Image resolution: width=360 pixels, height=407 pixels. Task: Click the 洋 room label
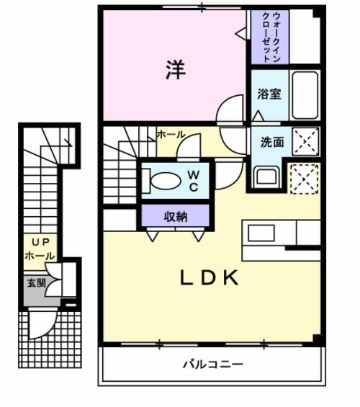176,69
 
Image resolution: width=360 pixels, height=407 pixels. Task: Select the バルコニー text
212,364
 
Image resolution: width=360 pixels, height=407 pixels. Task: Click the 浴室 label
269,94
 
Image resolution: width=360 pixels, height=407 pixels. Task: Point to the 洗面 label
272,142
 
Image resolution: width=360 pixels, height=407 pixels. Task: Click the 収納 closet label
176,215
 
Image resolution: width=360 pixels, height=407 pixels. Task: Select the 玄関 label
37,282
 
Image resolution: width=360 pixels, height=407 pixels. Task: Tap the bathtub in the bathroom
305,94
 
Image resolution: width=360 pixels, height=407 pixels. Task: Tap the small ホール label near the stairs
171,134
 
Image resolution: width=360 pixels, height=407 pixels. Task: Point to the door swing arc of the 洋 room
230,109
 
